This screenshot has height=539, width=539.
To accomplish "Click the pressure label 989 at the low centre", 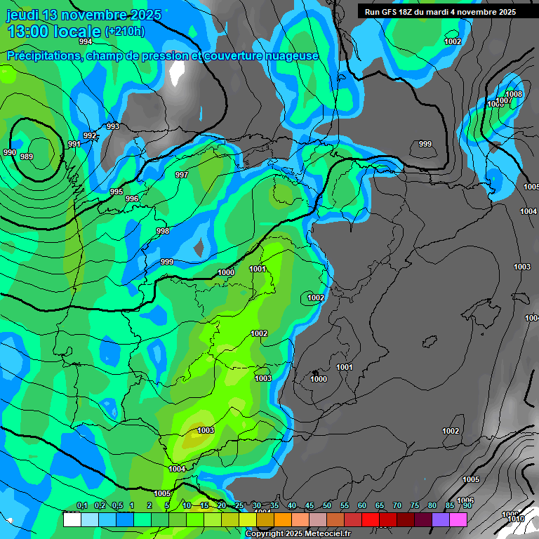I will tap(26, 157).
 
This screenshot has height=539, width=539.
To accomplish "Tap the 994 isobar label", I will tap(86, 42).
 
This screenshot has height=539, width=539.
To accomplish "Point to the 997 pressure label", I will tap(182, 175).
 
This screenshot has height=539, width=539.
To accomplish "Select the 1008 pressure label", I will tap(514, 95).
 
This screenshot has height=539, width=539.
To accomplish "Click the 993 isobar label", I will tap(112, 127).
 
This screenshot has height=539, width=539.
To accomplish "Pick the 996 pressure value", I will tap(132, 199).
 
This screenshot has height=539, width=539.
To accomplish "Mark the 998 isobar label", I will tap(163, 232).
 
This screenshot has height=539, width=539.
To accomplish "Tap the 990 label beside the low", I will tap(9, 152).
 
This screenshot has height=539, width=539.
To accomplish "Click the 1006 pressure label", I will tap(465, 500).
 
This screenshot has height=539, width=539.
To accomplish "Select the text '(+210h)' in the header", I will tap(124, 32).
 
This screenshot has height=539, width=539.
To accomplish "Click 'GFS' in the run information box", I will tap(391, 12).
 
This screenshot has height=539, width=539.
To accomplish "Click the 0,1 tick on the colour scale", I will tap(81, 506).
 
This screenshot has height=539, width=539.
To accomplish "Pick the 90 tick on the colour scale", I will tap(466, 506).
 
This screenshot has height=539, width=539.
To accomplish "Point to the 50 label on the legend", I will tap(327, 506).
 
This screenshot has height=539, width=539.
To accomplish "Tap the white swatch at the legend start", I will tap(72, 519).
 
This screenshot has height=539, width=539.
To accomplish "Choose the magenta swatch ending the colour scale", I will tap(458, 519).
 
